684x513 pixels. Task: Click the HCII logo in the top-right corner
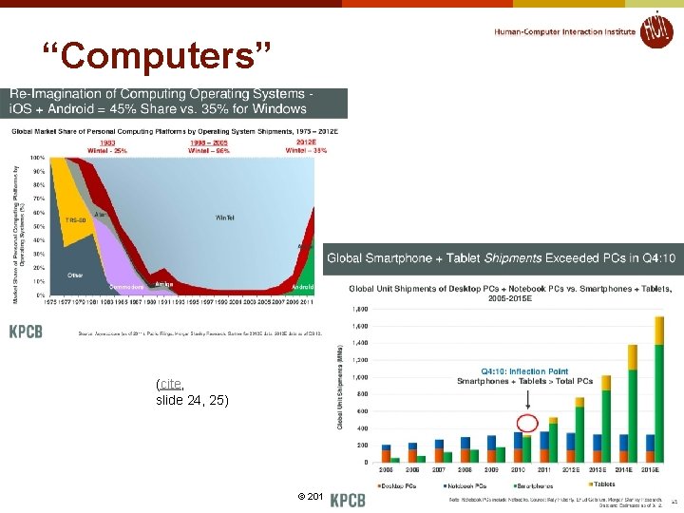[x=655, y=29]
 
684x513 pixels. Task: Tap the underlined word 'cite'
[x=170, y=384]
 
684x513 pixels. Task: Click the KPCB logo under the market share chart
[x=26, y=332]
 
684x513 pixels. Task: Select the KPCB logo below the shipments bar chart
[x=347, y=499]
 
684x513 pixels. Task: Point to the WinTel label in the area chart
[x=225, y=218]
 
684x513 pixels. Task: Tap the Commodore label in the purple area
[x=126, y=286]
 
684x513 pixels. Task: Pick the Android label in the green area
[x=302, y=286]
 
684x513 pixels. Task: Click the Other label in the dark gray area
[x=75, y=275]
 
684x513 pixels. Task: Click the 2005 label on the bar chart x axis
[x=387, y=468]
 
